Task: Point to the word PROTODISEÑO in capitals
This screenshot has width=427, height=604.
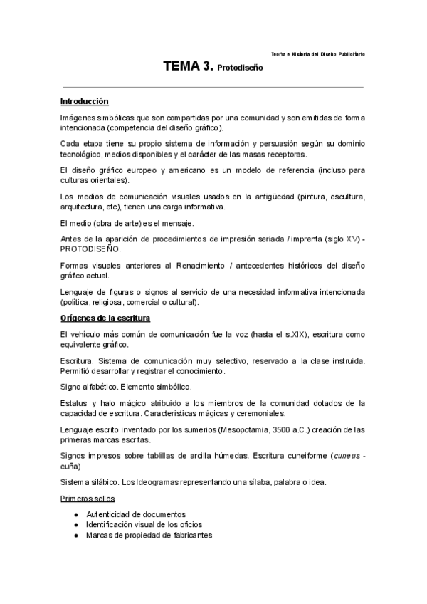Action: tap(89, 250)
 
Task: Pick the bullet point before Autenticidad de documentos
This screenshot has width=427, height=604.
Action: tap(76, 514)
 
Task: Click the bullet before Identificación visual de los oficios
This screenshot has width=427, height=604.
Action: tap(76, 524)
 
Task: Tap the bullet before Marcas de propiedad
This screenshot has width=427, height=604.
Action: tap(76, 535)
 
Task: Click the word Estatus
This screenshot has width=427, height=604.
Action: tap(74, 402)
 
